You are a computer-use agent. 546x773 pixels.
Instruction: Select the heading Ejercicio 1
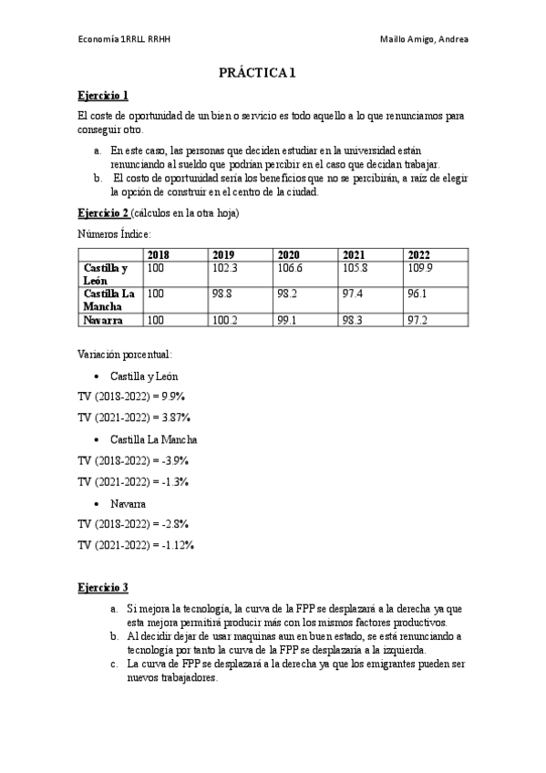[x=103, y=96]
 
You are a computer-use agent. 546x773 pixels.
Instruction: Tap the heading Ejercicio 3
[x=103, y=586]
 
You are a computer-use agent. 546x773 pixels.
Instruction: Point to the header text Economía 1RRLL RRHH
[x=123, y=39]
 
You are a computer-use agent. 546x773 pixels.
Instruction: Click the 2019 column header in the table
[x=223, y=254]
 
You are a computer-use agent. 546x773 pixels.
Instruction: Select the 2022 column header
[x=418, y=254]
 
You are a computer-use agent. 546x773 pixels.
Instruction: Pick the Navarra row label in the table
[x=104, y=321]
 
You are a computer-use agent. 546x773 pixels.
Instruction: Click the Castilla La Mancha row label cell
[x=109, y=300]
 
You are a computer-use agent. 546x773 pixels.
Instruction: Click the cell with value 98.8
[x=222, y=294]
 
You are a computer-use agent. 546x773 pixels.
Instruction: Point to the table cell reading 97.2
[x=418, y=321]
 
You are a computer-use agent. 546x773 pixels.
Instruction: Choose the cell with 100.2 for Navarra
[x=224, y=321]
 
